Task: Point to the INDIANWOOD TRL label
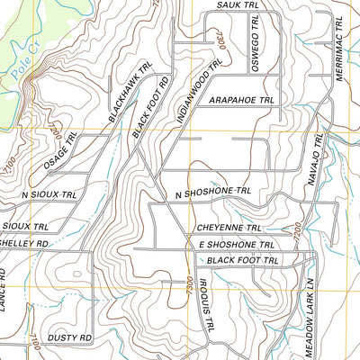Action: point(203,94)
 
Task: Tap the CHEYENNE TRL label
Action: point(229,229)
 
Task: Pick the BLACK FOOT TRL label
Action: point(243,260)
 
